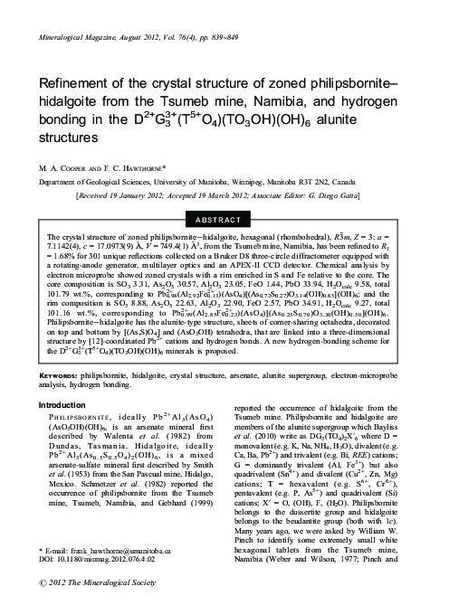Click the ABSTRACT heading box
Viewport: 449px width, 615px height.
point(224,219)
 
